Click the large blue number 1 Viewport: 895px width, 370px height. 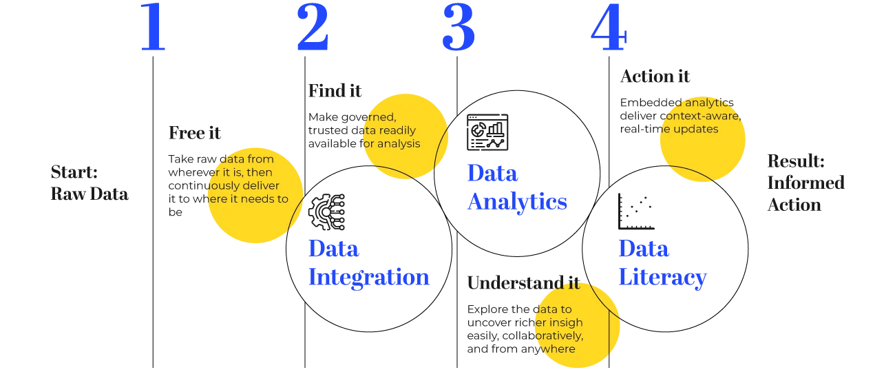[x=151, y=28]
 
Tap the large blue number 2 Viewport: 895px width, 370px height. [x=314, y=28]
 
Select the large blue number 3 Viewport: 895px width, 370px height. [x=459, y=28]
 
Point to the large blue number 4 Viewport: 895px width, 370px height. [x=609, y=28]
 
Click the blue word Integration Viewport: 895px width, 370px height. [x=368, y=277]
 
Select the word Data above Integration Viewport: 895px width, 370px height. [x=334, y=249]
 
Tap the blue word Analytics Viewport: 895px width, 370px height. [x=517, y=201]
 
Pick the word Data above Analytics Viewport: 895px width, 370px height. [x=493, y=172]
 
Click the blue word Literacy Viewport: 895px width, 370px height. [x=662, y=277]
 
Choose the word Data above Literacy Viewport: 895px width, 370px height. [x=644, y=249]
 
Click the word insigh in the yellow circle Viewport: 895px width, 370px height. [x=564, y=322]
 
